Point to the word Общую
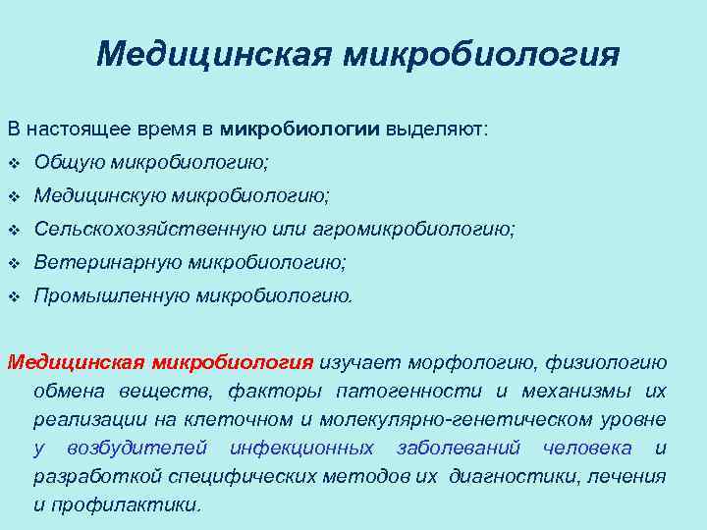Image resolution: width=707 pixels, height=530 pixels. click(66, 162)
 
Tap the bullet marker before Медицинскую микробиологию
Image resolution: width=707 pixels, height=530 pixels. click(14, 197)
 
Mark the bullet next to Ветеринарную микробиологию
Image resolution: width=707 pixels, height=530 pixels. click(14, 264)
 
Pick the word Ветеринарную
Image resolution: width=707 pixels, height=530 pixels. click(107, 263)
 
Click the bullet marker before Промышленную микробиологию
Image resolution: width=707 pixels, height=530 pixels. click(14, 296)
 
